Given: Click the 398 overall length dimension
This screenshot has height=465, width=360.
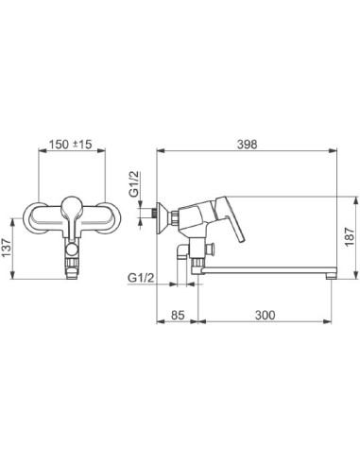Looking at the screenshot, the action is pos(247,145).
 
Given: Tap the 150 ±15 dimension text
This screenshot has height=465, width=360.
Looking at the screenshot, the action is pos(70,145).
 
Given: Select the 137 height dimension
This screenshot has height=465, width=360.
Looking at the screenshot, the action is pos(7,248).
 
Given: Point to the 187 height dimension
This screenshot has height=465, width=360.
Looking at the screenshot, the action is pos(350,237).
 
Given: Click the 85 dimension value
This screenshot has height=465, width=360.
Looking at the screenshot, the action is pos(178,315).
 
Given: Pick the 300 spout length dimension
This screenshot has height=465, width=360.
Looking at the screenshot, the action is pos(265,315).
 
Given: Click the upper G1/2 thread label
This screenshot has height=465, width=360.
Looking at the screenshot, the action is pos(133,184).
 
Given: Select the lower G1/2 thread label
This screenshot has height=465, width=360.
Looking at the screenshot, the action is pos(141,278).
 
